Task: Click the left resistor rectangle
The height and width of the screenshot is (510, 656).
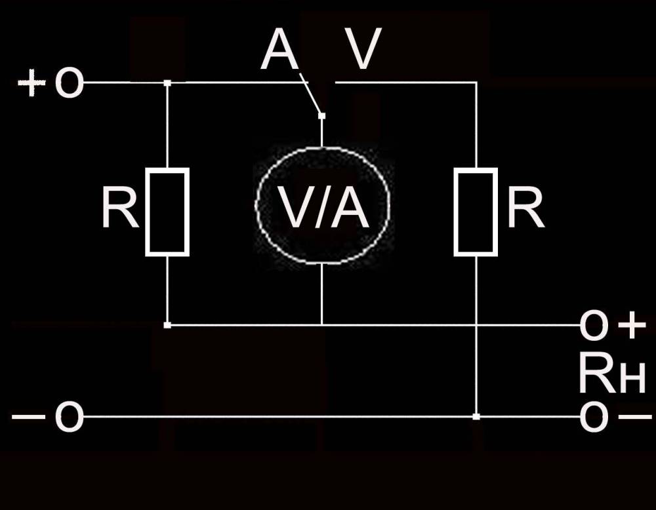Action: (x=167, y=211)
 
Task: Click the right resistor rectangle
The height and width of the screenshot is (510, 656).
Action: (x=476, y=211)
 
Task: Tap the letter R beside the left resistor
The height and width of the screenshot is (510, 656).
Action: (x=120, y=208)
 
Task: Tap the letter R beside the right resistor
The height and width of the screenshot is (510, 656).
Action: (x=525, y=208)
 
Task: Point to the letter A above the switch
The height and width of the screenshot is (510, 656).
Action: (x=280, y=52)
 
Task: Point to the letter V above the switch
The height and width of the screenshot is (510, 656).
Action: (x=364, y=52)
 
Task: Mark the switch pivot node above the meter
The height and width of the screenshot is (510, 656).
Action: (x=321, y=116)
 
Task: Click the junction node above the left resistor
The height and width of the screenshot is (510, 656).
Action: (x=167, y=83)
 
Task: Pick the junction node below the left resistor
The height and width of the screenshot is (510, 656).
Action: (x=167, y=324)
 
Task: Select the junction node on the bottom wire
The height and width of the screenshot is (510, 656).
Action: (x=476, y=416)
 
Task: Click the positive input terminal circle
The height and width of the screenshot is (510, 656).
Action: (x=69, y=84)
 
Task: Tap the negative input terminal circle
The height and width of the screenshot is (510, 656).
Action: (x=69, y=417)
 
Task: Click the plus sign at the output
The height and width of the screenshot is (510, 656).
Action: (x=632, y=325)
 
